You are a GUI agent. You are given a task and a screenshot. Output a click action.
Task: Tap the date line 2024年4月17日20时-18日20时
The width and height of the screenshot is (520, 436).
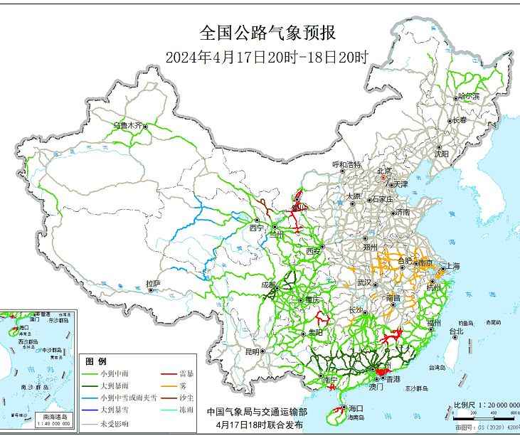[267, 58]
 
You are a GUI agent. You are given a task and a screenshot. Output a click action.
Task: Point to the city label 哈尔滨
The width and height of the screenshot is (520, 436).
[469, 95]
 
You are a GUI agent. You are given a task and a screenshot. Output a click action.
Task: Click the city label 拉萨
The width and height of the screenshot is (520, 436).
[153, 284]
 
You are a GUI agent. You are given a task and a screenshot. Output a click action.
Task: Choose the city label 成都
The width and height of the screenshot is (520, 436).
[269, 285]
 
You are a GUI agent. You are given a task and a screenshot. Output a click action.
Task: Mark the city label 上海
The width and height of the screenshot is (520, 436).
[452, 266]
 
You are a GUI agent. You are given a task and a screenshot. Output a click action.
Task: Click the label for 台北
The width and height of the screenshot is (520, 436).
[455, 331]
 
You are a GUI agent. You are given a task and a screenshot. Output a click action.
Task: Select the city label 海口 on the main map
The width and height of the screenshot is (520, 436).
[356, 408]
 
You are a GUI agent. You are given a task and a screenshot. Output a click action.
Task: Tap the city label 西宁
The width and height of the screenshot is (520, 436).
[256, 228]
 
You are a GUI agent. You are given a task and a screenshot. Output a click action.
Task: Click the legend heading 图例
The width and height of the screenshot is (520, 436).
[95, 361]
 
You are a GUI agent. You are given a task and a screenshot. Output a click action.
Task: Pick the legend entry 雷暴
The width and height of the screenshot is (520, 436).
[188, 373]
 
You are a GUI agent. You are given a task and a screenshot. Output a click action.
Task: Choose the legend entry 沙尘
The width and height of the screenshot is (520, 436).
[188, 396]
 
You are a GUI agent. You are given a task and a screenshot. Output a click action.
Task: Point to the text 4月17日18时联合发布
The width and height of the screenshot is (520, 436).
[254, 424]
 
